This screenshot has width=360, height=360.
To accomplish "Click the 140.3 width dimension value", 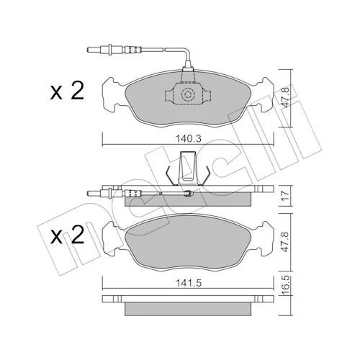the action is click(x=189, y=138).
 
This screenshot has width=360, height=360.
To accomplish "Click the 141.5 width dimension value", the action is click(x=189, y=283).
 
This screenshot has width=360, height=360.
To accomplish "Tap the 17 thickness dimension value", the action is click(x=285, y=196).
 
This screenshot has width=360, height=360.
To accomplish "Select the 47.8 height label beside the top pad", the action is click(x=286, y=97).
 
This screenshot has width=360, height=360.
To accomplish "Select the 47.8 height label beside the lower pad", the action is click(x=285, y=241).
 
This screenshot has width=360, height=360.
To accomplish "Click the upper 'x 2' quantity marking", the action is click(x=67, y=91).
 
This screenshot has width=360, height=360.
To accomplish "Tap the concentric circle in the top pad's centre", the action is click(x=187, y=94).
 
